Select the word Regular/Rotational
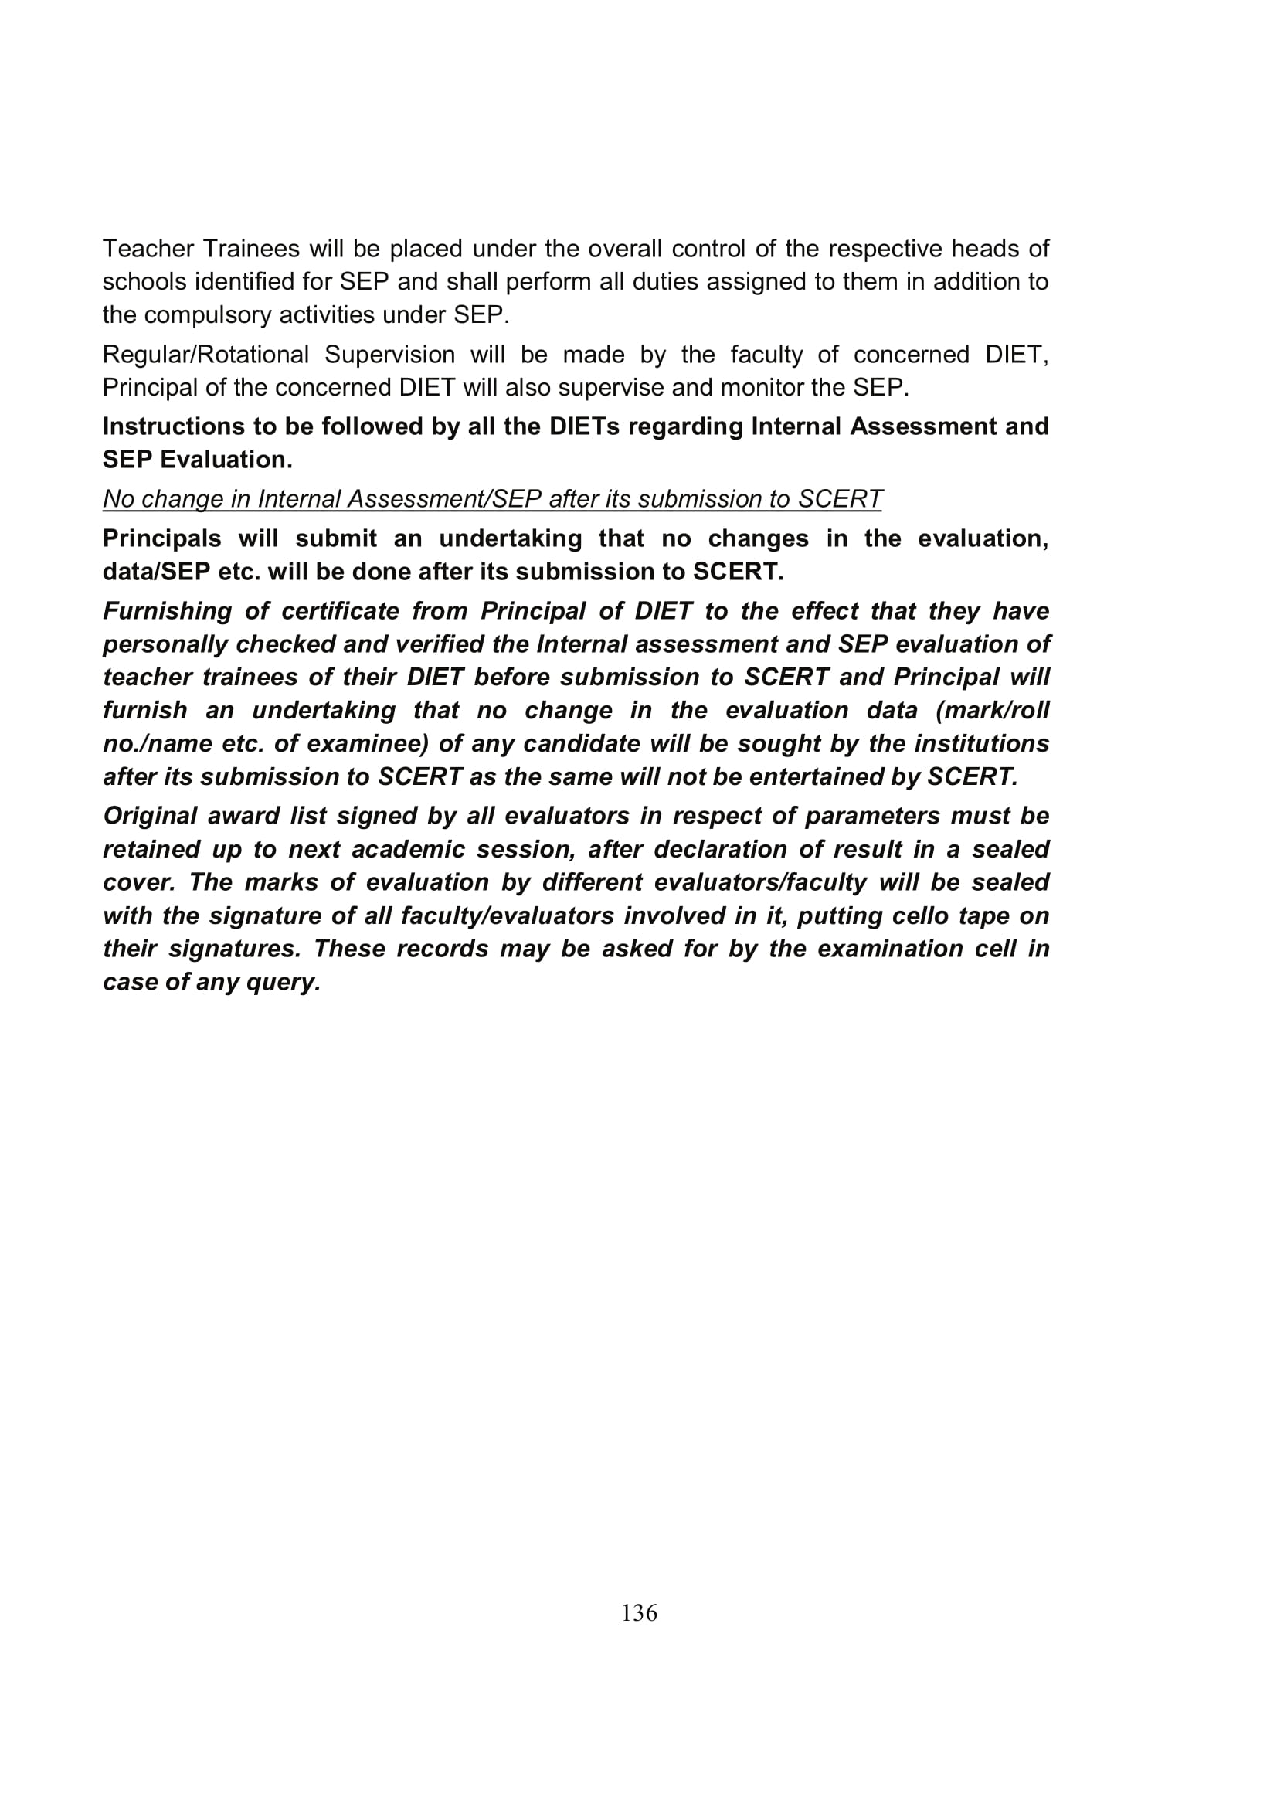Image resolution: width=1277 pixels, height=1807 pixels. point(206,355)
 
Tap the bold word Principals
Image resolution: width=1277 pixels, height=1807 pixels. point(162,539)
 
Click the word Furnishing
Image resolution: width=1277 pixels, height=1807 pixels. point(168,612)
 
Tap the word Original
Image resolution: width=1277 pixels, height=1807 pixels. point(150,816)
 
